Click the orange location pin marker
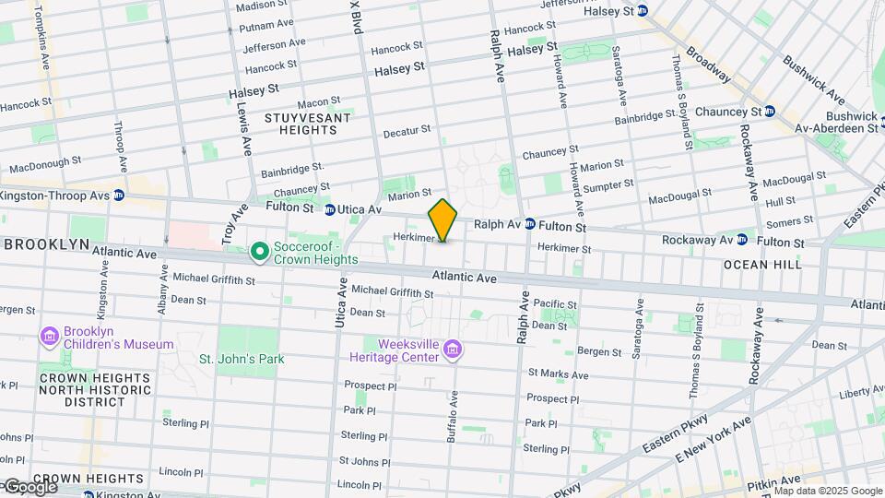point(442,219)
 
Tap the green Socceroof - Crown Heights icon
point(260,251)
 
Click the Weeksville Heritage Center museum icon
point(452,349)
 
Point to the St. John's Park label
point(242,359)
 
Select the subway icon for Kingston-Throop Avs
point(119,196)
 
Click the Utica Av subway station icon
point(329,209)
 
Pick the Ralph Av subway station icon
point(530,224)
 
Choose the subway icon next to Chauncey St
point(770,112)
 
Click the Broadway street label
point(709,64)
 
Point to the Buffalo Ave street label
point(453,416)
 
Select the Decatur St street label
point(407,130)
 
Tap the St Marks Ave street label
point(558,374)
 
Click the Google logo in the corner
point(29,486)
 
